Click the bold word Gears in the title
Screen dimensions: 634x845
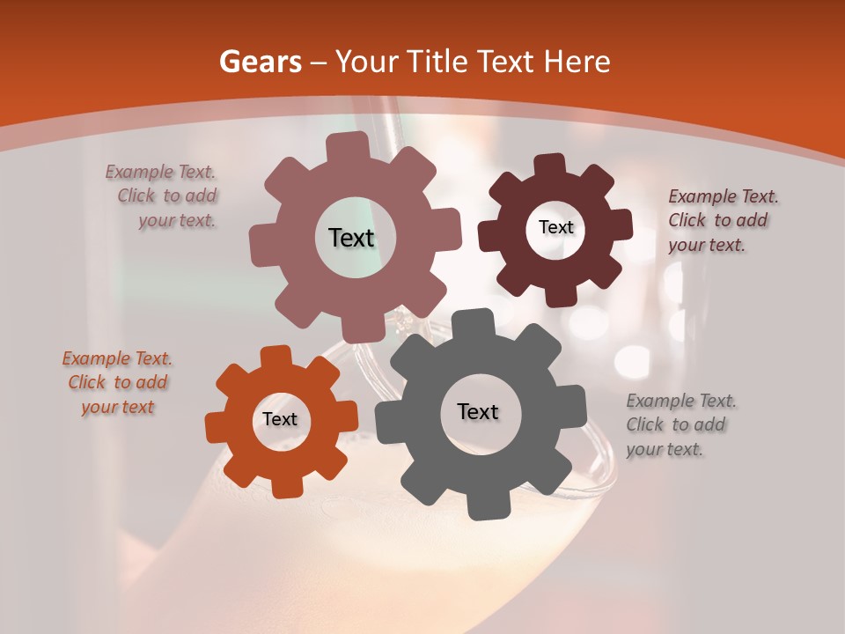pyautogui.click(x=260, y=62)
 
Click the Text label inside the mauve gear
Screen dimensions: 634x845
pyautogui.click(x=351, y=238)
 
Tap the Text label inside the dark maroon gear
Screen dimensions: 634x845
pyautogui.click(x=555, y=227)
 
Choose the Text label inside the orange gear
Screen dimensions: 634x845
pyautogui.click(x=280, y=419)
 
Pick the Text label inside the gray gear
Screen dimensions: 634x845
pyautogui.click(x=478, y=411)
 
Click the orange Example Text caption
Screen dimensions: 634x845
pyautogui.click(x=117, y=382)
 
